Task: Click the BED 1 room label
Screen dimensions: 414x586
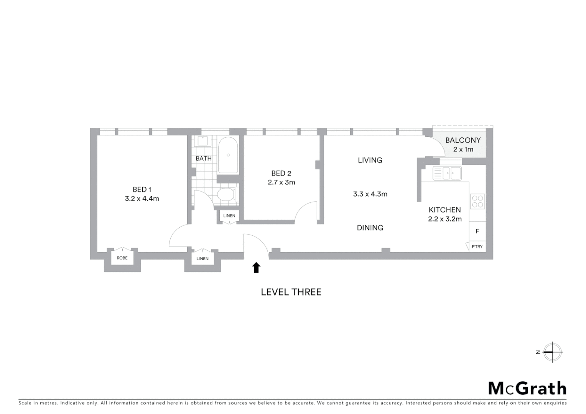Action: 142,189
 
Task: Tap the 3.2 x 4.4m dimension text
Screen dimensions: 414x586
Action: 142,199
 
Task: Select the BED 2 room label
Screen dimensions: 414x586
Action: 281,173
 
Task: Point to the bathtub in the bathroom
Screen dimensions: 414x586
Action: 228,156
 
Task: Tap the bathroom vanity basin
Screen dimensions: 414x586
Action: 202,141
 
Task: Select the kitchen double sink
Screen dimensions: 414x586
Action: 447,173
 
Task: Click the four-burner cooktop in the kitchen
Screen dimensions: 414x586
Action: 477,202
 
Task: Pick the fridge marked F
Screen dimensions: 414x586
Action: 477,231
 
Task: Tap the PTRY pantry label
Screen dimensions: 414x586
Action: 477,246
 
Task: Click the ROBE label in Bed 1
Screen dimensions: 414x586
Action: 122,258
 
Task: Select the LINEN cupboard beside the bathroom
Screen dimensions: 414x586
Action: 229,216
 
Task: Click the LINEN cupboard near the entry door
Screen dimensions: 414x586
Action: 202,259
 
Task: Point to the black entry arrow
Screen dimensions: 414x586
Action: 256,268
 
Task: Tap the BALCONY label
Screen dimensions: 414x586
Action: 463,140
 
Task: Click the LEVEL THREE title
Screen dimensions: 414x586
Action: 291,292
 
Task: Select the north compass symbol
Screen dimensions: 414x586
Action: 552,352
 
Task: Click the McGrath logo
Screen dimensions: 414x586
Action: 527,388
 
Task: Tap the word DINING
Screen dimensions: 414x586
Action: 370,228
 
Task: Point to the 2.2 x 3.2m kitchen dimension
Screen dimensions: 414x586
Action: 445,219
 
